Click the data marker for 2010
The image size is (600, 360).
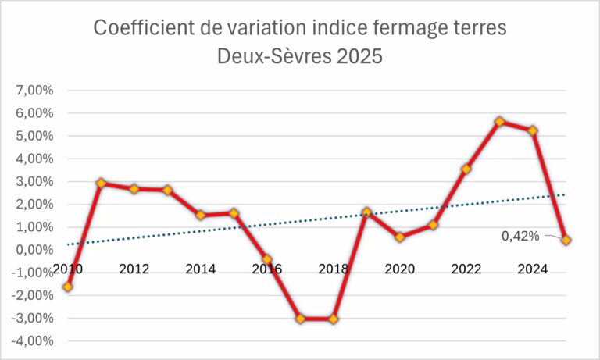click(68, 287)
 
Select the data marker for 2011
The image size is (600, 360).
click(102, 184)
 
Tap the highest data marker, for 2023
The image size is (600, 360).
click(500, 122)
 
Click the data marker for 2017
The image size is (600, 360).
click(301, 319)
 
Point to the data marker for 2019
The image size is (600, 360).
click(367, 212)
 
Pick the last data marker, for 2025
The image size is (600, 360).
click(566, 241)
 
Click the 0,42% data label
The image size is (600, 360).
click(521, 233)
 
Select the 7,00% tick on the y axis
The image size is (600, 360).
click(34, 91)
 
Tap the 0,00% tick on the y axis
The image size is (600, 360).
click(34, 250)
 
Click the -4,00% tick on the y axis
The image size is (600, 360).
click(32, 341)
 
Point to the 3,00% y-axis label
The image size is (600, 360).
click(34, 182)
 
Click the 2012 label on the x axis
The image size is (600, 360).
click(134, 269)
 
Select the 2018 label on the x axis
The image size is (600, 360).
click(334, 269)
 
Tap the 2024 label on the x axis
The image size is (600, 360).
click(533, 269)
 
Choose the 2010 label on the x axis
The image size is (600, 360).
click(68, 269)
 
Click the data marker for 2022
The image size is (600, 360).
click(466, 169)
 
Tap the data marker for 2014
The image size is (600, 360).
click(201, 216)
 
